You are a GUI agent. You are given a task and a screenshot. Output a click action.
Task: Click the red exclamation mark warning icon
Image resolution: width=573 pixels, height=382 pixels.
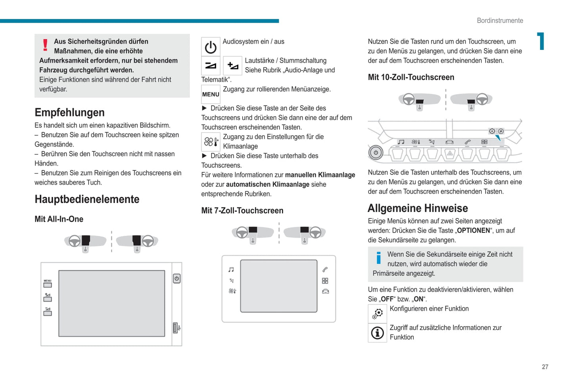[45, 45]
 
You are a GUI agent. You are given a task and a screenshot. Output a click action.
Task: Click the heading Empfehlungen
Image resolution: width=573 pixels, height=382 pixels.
[69, 113]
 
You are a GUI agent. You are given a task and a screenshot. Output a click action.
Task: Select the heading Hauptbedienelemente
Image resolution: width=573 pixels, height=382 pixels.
[87, 199]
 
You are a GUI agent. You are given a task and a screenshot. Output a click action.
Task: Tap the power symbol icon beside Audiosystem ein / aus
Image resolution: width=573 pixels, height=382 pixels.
[211, 47]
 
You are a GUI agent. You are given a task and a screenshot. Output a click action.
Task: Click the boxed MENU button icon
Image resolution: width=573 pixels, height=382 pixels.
[211, 94]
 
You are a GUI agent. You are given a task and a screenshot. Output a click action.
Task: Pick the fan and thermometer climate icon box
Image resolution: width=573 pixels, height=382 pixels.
[211, 142]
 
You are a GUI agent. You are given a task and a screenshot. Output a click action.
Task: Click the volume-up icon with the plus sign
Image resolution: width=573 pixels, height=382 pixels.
[233, 66]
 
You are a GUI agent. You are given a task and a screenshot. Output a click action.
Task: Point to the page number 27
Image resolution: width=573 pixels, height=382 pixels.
[545, 367]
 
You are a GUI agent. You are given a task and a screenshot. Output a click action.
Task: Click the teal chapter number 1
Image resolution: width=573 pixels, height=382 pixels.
[541, 41]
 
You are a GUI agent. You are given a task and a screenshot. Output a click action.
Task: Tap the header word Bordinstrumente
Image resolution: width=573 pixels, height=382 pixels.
[500, 21]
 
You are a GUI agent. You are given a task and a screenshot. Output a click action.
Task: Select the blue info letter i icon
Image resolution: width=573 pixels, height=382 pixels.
[379, 258]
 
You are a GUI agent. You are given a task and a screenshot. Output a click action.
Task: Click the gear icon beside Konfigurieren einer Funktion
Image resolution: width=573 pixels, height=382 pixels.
[378, 314]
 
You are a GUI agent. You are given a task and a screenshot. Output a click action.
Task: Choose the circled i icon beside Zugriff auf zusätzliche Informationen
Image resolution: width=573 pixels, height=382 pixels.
[378, 333]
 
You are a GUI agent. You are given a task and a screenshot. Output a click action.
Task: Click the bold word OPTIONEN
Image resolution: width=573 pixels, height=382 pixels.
[473, 231]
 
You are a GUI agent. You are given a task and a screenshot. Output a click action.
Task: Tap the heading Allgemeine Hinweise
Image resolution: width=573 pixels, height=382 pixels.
[418, 208]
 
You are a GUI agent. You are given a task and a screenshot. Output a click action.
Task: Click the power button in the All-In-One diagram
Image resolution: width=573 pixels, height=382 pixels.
[177, 279]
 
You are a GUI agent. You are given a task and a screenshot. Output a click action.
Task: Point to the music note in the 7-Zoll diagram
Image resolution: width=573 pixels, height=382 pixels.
[231, 270]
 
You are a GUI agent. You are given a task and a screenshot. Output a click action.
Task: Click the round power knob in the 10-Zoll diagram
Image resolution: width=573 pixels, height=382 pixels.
[376, 153]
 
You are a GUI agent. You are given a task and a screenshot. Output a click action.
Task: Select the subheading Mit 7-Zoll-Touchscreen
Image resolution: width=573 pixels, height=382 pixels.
[242, 211]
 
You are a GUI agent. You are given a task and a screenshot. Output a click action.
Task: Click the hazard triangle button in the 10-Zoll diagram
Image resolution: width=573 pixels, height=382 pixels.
[450, 153]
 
